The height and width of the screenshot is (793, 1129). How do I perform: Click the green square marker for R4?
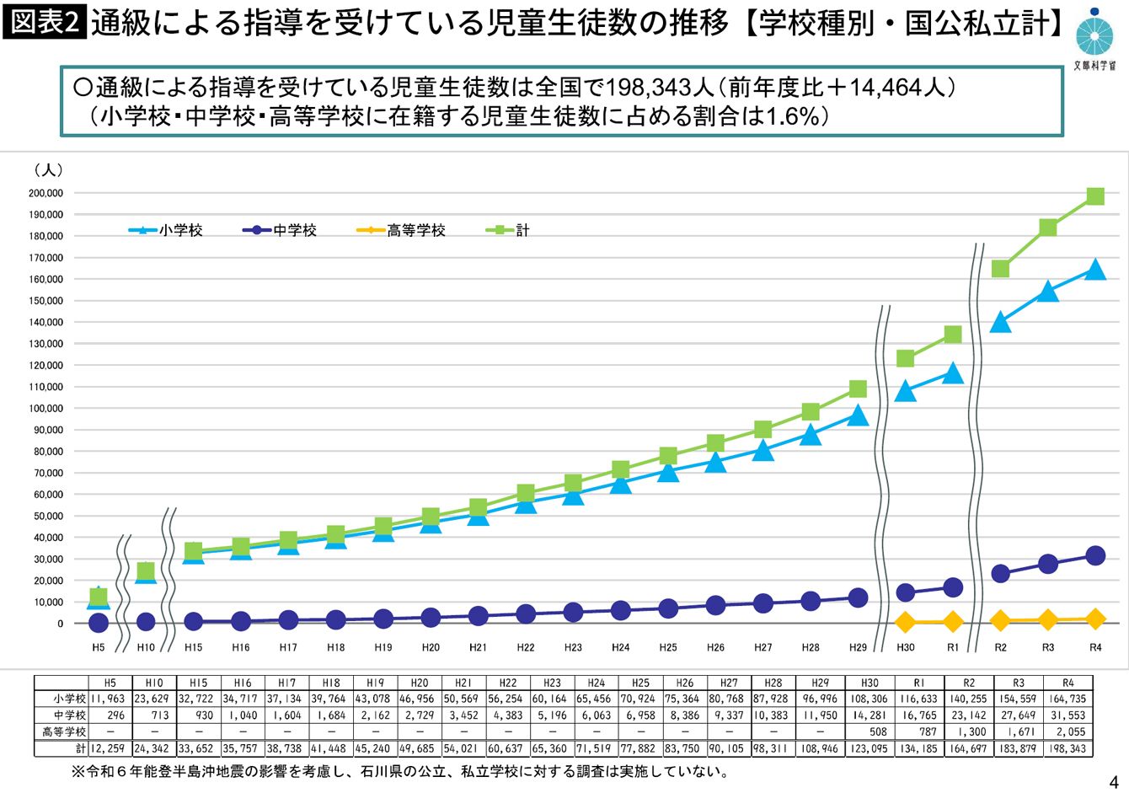(x=1095, y=196)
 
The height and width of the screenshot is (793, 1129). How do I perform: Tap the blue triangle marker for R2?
(x=1000, y=323)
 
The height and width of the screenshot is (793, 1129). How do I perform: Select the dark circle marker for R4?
(x=1095, y=555)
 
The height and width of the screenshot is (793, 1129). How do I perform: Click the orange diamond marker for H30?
(x=906, y=623)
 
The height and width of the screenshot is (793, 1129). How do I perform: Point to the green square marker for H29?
(x=858, y=388)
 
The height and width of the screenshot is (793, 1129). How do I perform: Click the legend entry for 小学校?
(x=166, y=230)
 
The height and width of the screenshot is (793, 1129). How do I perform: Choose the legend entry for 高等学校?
(x=401, y=230)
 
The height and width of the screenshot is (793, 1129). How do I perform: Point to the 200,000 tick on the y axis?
(x=46, y=193)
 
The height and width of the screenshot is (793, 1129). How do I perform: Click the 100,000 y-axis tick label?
(x=46, y=409)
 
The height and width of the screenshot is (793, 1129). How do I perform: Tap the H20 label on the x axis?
(x=431, y=647)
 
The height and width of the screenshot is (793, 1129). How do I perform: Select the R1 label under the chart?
(x=953, y=647)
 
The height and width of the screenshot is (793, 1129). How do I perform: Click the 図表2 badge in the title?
(x=43, y=23)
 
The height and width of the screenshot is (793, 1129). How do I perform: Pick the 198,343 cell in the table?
(x=1067, y=748)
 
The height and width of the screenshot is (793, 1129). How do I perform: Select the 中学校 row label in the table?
(x=69, y=715)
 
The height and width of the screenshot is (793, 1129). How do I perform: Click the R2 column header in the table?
(x=969, y=683)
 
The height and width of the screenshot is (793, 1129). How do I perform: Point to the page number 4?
(x=1114, y=780)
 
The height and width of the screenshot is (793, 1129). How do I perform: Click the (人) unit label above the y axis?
(x=48, y=170)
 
